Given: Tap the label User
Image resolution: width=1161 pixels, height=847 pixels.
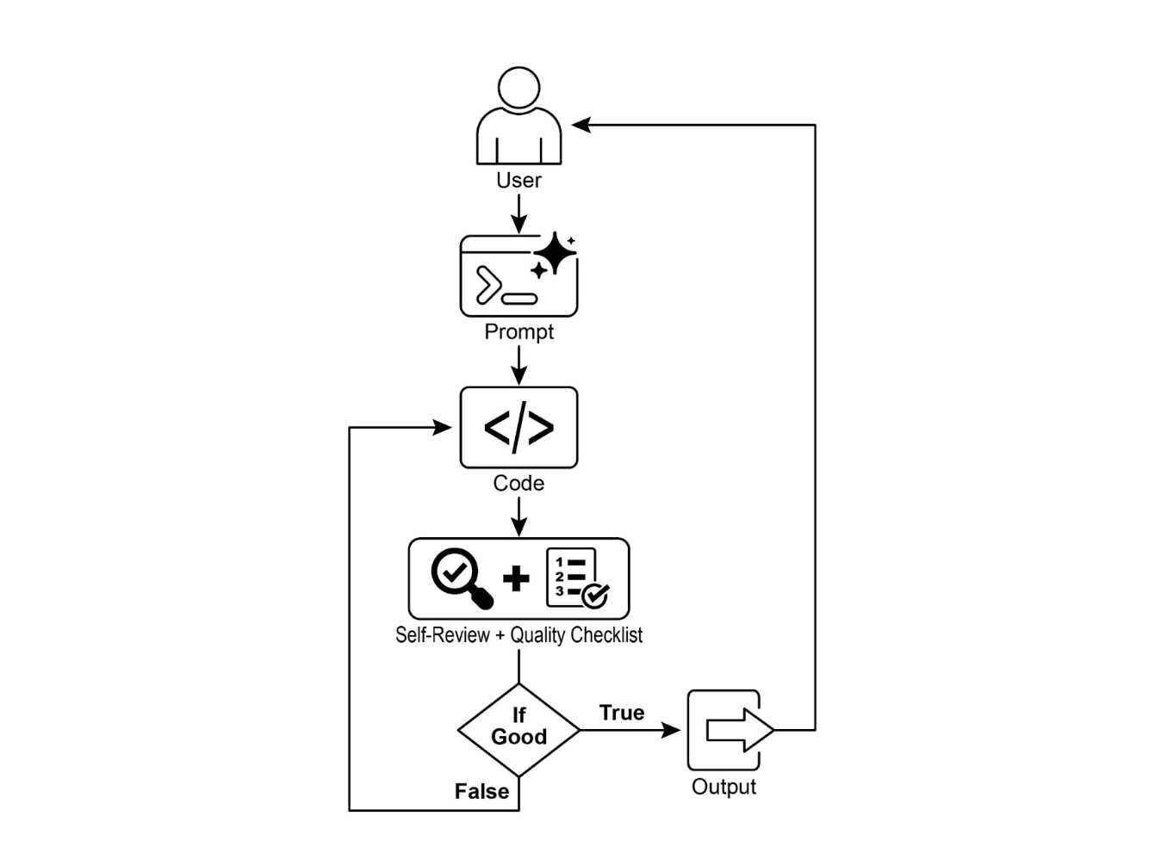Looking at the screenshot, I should tap(518, 181).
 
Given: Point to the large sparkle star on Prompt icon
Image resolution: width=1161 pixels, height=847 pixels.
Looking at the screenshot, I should tap(556, 252).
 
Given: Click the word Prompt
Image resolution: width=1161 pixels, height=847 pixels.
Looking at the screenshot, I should tap(518, 332).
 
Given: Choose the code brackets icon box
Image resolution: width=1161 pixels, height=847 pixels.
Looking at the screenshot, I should tap(518, 428).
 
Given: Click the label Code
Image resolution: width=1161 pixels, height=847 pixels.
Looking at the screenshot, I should tap(518, 484).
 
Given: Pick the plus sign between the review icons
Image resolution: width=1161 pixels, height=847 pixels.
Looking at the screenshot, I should tap(516, 578).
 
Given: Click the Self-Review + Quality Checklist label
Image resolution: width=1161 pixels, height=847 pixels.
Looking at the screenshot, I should tap(518, 635).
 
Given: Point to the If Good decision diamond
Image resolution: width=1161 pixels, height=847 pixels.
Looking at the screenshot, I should tap(518, 730).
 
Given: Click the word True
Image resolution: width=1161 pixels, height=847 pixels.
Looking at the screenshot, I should tap(622, 714).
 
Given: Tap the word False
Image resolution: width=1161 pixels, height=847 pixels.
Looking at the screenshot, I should tap(481, 792).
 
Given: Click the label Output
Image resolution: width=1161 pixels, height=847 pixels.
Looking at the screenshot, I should tap(723, 787).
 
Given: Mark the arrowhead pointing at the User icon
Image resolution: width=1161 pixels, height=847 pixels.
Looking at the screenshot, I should tap(581, 126).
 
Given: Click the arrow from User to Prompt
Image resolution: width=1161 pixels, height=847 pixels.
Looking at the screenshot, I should tap(518, 213).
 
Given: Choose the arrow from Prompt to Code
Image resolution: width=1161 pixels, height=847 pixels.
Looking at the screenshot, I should tap(518, 365).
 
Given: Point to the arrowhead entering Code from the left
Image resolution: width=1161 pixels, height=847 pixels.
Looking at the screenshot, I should tap(443, 428).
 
